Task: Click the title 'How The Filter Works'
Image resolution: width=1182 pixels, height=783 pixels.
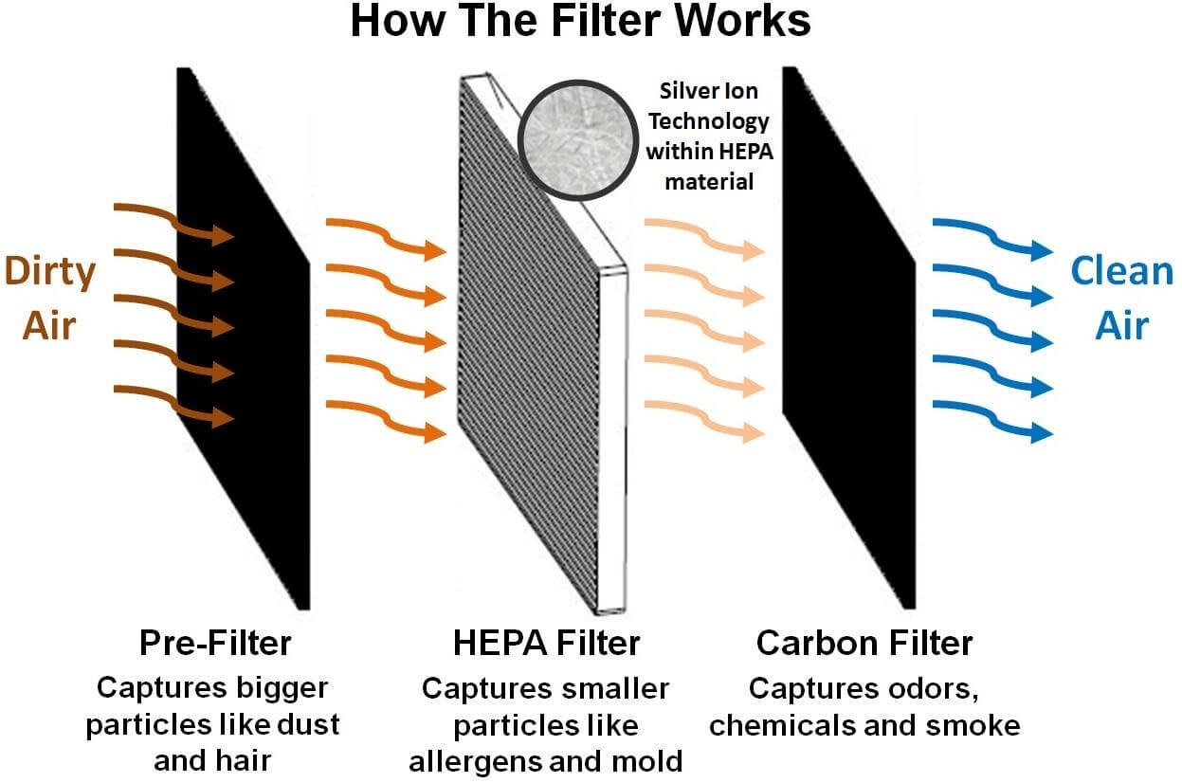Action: click(x=580, y=22)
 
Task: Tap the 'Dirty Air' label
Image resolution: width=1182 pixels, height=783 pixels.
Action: click(x=50, y=299)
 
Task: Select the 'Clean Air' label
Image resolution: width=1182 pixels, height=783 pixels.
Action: click(x=1121, y=299)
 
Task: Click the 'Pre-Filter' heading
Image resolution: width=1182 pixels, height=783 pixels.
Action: click(x=215, y=643)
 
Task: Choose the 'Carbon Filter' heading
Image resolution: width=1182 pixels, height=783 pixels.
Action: click(x=864, y=643)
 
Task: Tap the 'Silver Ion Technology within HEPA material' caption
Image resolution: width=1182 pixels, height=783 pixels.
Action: click(x=708, y=135)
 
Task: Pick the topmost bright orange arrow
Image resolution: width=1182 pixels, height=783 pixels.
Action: click(x=385, y=237)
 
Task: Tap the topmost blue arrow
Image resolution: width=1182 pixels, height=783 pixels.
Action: click(x=991, y=237)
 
